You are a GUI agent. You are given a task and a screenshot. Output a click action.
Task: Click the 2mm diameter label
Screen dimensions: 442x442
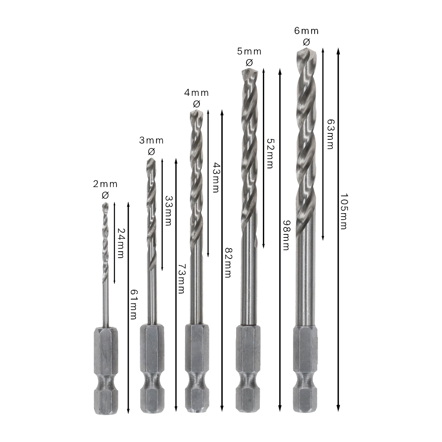[105, 184]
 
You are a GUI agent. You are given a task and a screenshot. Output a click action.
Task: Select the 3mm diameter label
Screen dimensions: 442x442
[152, 140]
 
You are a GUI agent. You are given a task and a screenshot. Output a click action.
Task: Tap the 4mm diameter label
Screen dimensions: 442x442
[196, 93]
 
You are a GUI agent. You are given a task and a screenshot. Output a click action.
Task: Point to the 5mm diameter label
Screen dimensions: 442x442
[249, 51]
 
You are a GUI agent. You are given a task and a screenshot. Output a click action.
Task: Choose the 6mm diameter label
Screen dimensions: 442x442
[306, 31]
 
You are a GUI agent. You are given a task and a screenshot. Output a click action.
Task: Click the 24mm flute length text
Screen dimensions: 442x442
[121, 243]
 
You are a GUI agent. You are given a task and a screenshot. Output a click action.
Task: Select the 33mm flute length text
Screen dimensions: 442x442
[168, 211]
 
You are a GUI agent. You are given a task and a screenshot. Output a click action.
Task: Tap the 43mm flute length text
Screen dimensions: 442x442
[216, 177]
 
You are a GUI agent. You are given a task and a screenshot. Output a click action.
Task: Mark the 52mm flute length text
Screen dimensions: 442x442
[270, 154]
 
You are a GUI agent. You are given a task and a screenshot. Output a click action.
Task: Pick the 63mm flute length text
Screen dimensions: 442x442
[330, 134]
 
